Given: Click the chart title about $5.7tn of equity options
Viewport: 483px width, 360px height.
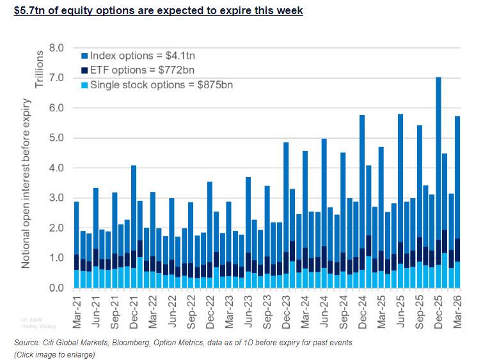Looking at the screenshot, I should pyautogui.click(x=153, y=11).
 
